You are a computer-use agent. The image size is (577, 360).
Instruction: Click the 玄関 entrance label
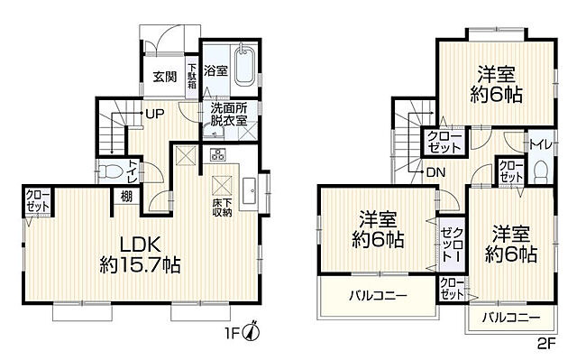coord(163,76)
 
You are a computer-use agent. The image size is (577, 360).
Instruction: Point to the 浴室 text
coord(215,69)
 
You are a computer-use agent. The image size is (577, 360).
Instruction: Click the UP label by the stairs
coord(154,115)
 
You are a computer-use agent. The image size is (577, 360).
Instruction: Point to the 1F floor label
coord(236,331)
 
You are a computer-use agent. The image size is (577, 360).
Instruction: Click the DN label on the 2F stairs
coord(435,172)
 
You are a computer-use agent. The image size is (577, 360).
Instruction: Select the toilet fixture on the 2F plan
coord(539,171)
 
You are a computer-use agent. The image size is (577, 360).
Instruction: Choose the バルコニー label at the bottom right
coord(510,318)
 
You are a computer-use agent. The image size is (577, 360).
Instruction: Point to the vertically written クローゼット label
coord(449,243)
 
